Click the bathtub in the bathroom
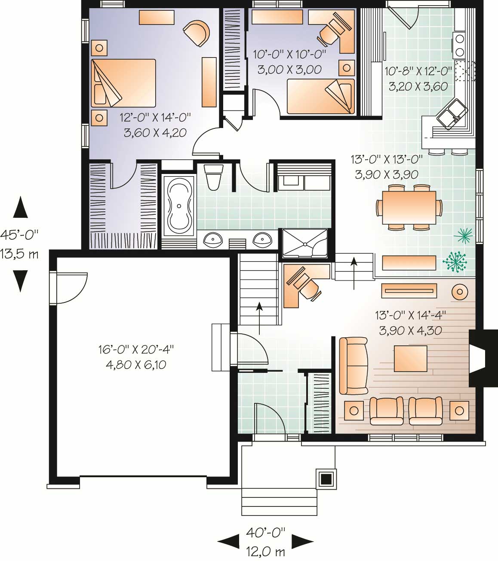click(x=178, y=205)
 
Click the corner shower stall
click(x=304, y=244)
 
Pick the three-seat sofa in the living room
click(x=354, y=366)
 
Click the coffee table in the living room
click(x=410, y=359)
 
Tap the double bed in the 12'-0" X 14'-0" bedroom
click(x=123, y=83)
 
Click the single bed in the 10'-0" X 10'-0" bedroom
click(x=320, y=96)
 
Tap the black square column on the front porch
click(x=326, y=478)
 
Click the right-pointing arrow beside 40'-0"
click(x=302, y=542)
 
